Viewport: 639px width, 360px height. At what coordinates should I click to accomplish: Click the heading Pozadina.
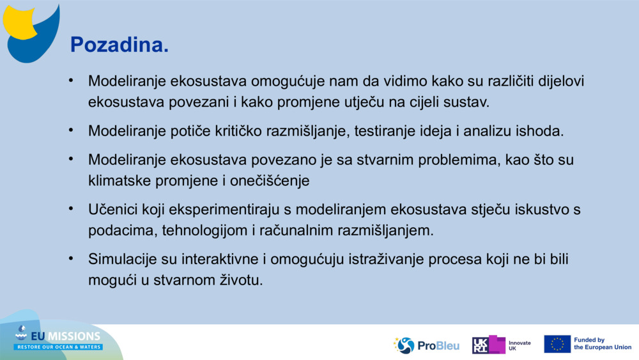coord(119,44)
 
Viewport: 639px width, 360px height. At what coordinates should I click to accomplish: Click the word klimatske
coord(119,180)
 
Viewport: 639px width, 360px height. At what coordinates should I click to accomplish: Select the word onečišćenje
coord(270,180)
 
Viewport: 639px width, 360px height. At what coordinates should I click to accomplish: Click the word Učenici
coord(113,210)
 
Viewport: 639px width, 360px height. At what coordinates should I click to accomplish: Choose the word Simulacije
coord(122,260)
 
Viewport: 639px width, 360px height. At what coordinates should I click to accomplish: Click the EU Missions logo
coord(58,337)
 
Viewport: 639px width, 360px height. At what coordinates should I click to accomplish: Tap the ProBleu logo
coord(426,345)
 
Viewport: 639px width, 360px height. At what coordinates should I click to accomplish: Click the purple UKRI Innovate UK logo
coord(501,345)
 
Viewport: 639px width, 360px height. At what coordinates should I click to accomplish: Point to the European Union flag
coord(557,344)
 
